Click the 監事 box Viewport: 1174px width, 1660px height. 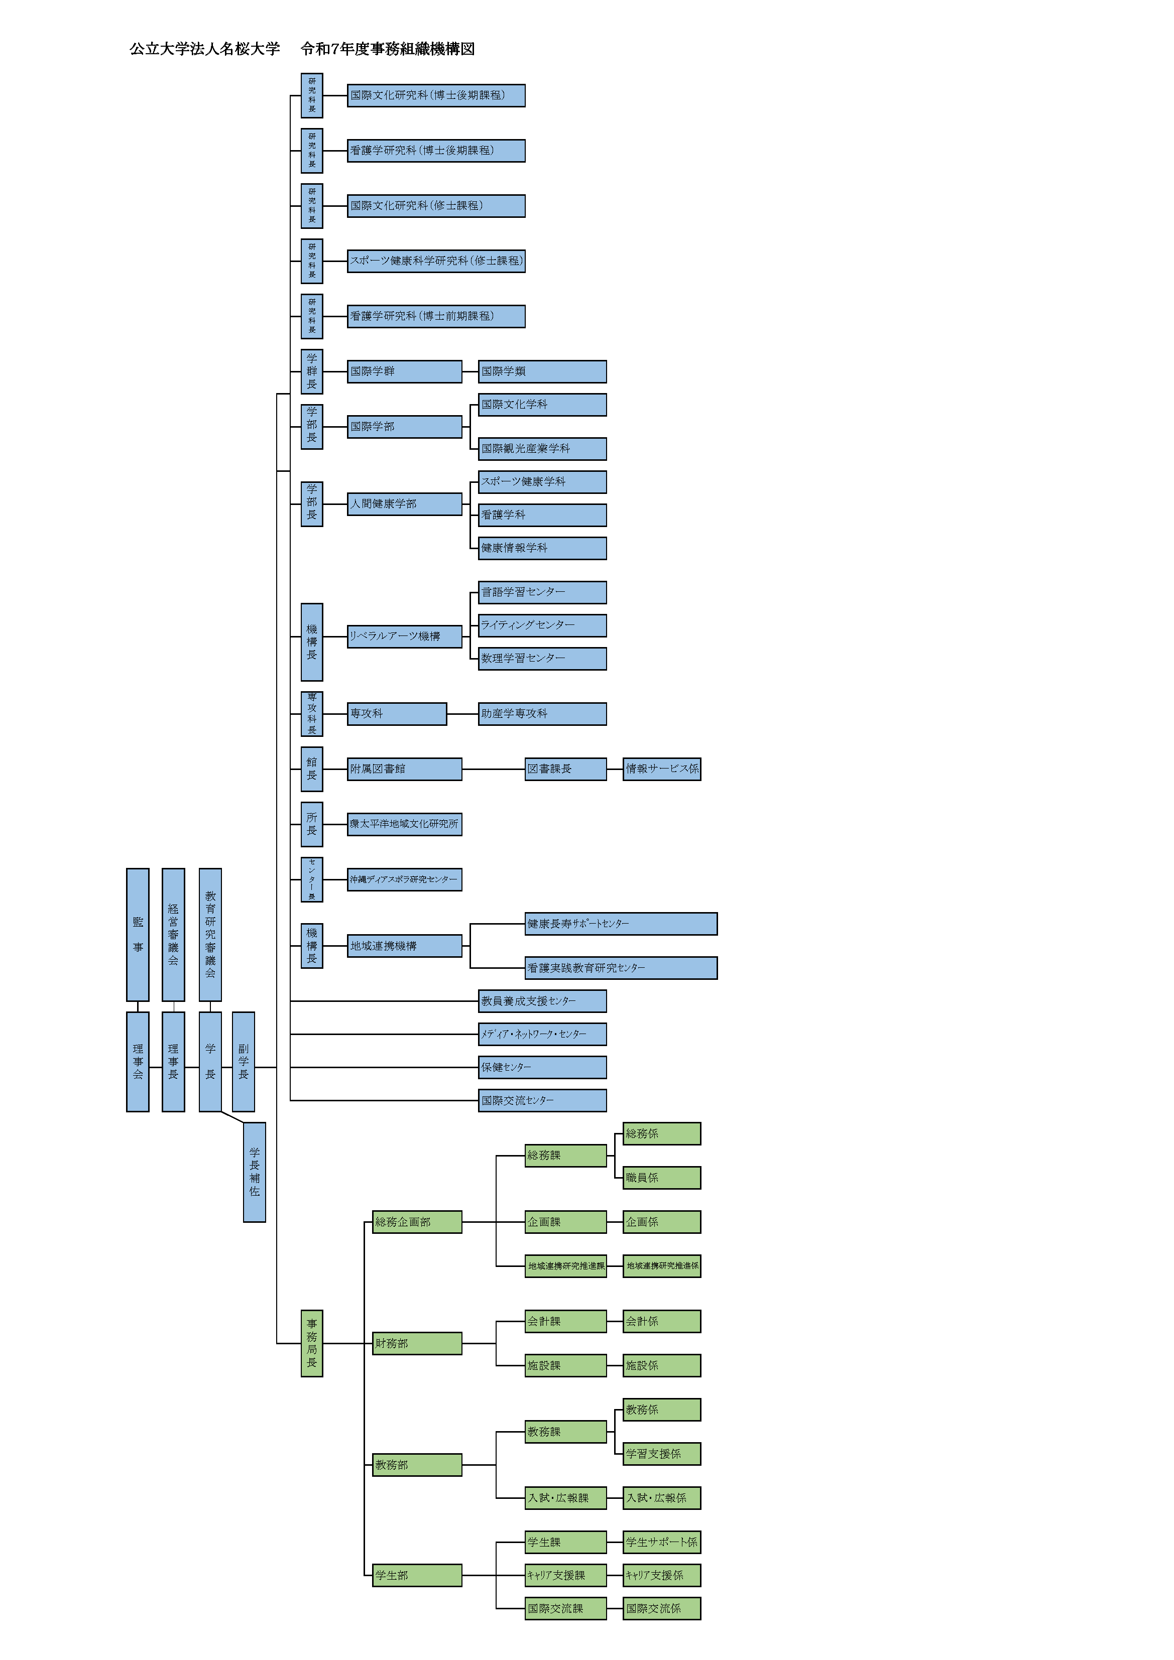click(x=138, y=934)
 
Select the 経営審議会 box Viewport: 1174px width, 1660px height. click(x=173, y=934)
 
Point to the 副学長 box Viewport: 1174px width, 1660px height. click(x=243, y=1061)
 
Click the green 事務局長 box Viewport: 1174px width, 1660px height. click(x=312, y=1343)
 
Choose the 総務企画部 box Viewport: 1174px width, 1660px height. click(x=417, y=1222)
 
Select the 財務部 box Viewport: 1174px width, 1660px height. click(x=417, y=1343)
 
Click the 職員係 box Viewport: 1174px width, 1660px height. click(x=661, y=1178)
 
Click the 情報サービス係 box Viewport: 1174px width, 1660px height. click(x=661, y=769)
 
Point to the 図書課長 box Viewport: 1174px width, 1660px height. click(x=565, y=769)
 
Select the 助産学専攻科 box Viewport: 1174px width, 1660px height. click(x=542, y=714)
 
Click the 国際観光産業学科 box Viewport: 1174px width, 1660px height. click(x=542, y=448)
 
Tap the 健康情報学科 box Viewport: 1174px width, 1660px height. click(x=542, y=548)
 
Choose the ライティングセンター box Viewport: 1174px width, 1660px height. click(x=542, y=624)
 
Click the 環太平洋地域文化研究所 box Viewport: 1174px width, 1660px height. click(x=404, y=824)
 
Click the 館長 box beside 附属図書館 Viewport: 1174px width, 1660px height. click(x=312, y=769)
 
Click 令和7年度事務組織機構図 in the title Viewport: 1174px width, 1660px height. click(x=388, y=49)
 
